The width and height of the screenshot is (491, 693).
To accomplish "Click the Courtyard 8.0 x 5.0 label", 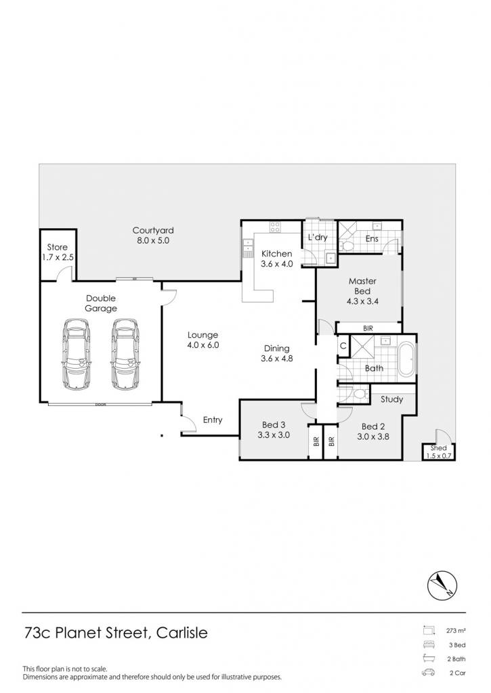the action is click(x=153, y=236).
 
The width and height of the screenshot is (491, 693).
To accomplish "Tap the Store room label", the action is click(x=58, y=252).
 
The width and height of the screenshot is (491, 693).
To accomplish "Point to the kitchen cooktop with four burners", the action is click(x=275, y=227).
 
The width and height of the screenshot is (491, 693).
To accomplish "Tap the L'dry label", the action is click(x=318, y=238).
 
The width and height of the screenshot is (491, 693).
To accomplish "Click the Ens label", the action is click(x=372, y=239).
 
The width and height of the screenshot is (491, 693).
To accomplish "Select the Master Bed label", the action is click(x=363, y=291).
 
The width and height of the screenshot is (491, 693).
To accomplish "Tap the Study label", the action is click(x=392, y=399).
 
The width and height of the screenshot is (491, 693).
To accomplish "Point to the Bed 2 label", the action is click(x=373, y=432).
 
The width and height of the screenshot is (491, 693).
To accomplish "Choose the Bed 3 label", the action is click(x=274, y=430).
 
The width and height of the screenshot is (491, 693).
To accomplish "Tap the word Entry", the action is click(x=213, y=420).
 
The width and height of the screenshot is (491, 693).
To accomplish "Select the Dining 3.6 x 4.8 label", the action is click(x=277, y=353).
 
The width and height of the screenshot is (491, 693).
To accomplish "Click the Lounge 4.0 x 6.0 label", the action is click(x=203, y=340).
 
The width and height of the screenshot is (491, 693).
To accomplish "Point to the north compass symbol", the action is click(x=442, y=586).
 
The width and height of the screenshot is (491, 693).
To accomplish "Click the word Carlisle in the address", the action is click(x=182, y=633).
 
